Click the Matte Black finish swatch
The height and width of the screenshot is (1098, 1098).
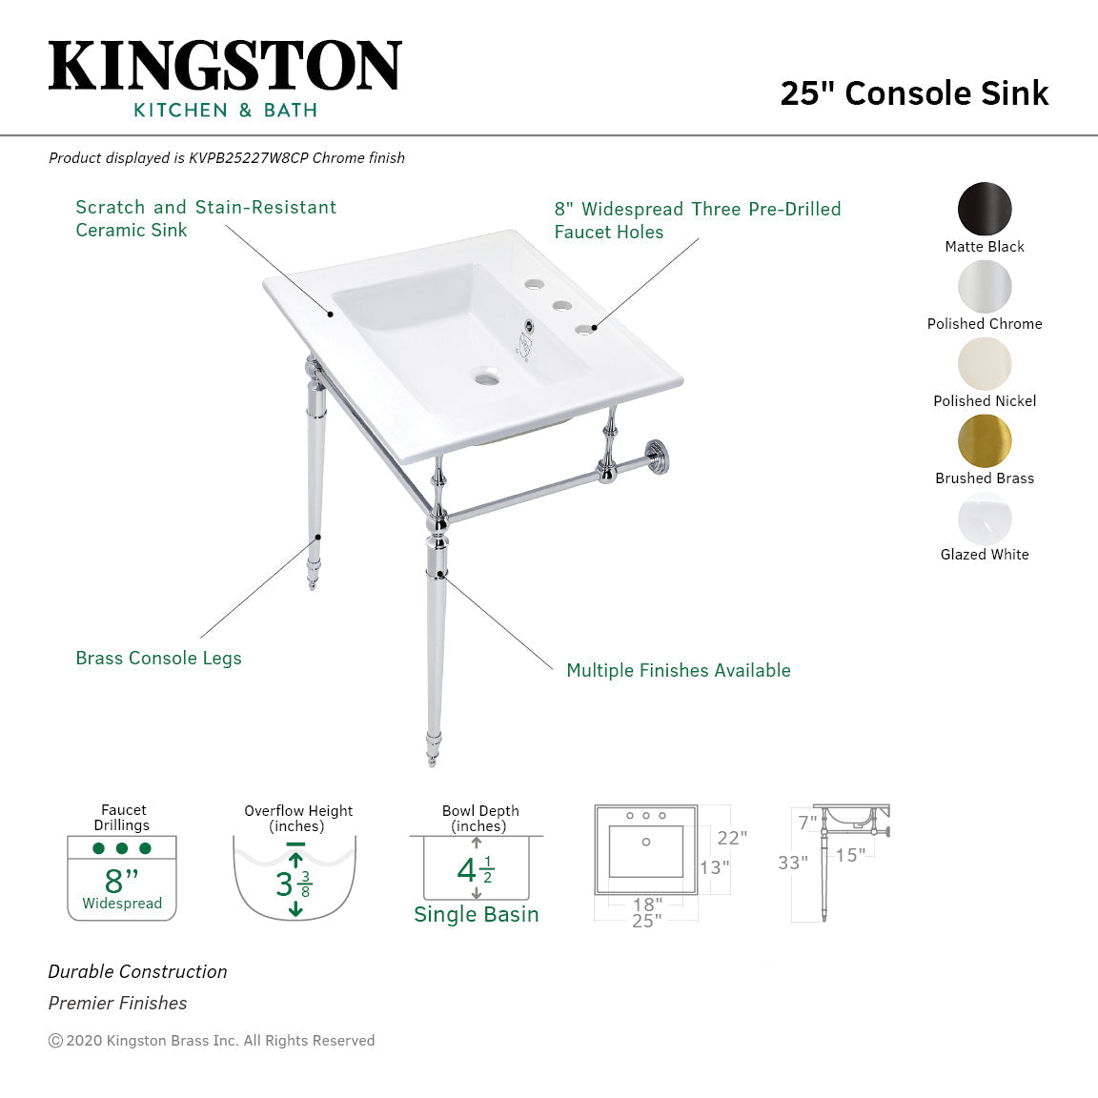coord(985,209)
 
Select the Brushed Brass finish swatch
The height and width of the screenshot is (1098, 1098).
coord(985,441)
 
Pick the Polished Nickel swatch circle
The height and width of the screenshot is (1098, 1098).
coord(985,364)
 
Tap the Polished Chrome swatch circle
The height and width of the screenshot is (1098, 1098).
coord(985,287)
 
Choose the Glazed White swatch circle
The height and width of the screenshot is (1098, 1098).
coord(985,519)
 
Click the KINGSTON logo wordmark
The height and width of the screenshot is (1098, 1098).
coord(225,67)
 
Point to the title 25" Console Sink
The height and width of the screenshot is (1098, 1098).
coord(914,93)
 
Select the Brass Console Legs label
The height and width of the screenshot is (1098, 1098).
coord(158,659)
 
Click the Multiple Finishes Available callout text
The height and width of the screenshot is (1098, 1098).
coord(678,671)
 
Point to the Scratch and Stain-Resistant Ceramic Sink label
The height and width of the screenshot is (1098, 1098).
coord(206,218)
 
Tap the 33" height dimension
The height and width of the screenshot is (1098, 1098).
coord(792,863)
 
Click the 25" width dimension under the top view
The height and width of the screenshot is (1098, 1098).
coord(646,921)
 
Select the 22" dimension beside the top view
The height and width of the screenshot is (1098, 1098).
coord(732,838)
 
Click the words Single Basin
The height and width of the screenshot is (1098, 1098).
coord(476,915)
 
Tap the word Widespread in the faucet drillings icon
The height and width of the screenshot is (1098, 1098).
coord(122,904)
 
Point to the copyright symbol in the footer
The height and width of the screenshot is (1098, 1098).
coord(55,1041)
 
